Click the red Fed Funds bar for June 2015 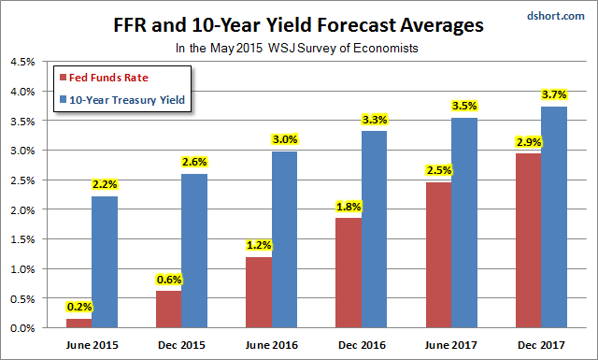tap(78, 323)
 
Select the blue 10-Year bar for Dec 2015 tap(194, 251)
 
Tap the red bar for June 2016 tap(259, 293)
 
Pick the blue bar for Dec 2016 tap(374, 229)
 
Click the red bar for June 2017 tap(438, 255)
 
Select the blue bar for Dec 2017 tap(554, 217)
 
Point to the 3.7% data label tap(554, 94)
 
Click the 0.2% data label tap(79, 307)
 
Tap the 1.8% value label tap(349, 207)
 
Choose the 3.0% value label tap(285, 139)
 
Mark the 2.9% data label tap(529, 142)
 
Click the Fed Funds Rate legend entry tap(104, 78)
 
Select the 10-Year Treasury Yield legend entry tap(122, 100)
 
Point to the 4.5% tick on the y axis tap(22, 62)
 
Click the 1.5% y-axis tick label tap(22, 239)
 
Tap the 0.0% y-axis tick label tap(22, 328)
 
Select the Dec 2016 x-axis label tap(362, 345)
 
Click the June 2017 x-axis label tap(451, 345)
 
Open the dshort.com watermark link tap(556, 16)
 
